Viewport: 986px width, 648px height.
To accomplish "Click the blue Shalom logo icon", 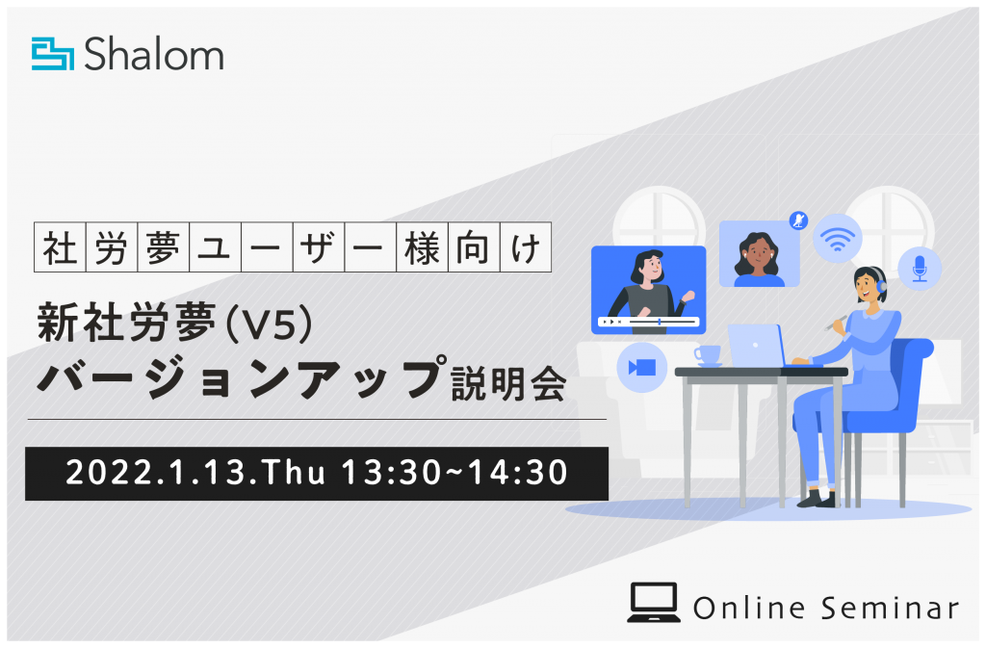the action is [x=53, y=54].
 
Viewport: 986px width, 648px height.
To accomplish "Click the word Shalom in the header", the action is [x=154, y=54].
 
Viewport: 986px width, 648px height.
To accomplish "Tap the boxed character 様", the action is [x=422, y=247].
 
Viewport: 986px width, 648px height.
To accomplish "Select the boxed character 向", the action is [x=474, y=247].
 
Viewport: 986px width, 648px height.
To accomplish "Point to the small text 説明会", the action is [x=508, y=383].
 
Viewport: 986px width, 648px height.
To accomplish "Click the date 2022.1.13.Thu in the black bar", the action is [x=195, y=473].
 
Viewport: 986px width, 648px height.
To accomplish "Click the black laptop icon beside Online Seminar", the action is [x=654, y=603].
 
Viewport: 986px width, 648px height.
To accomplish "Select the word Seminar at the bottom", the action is [x=890, y=608].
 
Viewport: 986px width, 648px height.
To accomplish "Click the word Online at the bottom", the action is [x=749, y=608].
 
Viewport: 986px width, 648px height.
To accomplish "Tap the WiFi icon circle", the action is [x=837, y=238].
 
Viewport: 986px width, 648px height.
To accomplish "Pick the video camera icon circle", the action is [x=642, y=367].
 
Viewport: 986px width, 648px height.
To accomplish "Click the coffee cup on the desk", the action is [x=708, y=355].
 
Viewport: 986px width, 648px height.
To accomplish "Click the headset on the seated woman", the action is [x=879, y=281].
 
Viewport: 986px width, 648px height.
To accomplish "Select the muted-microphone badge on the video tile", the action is [x=798, y=220].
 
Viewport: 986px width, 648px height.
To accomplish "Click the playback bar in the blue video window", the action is [x=649, y=322].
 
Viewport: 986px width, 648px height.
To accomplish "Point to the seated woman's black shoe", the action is [x=817, y=499].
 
